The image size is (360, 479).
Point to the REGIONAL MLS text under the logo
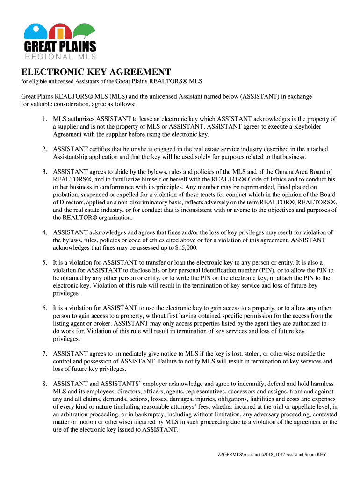(x=60, y=57)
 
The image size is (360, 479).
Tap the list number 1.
(x=44, y=119)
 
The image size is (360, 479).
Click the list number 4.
(x=44, y=232)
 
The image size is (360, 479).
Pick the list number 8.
(x=44, y=384)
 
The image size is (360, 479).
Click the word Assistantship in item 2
(x=72, y=157)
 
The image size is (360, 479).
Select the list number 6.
(x=44, y=308)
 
